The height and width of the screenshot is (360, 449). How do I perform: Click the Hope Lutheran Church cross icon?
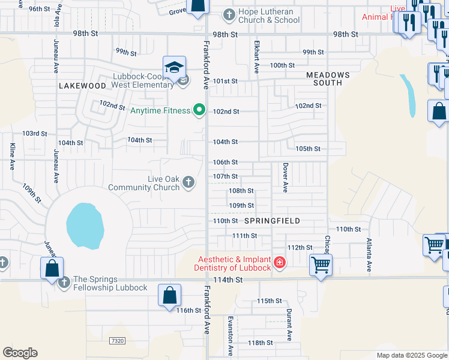pyautogui.click(x=229, y=14)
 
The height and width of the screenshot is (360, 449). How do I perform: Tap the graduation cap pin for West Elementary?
pyautogui.click(x=173, y=67)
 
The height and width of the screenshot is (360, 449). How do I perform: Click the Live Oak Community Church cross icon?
pyautogui.click(x=188, y=182)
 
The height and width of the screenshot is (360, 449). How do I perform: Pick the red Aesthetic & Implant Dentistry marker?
pyautogui.click(x=279, y=262)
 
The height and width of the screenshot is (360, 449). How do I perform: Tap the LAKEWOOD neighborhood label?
pyautogui.click(x=82, y=86)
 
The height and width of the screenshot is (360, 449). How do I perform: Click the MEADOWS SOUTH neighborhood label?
pyautogui.click(x=328, y=79)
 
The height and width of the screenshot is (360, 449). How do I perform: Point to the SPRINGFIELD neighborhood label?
pyautogui.click(x=272, y=221)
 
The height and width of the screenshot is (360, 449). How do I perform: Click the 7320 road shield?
pyautogui.click(x=118, y=340)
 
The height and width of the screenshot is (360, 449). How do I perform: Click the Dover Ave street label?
pyautogui.click(x=286, y=178)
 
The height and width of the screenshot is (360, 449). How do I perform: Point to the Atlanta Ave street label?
pyautogui.click(x=369, y=256)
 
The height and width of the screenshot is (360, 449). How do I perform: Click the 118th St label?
pyautogui.click(x=261, y=343)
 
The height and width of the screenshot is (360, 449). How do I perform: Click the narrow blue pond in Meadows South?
pyautogui.click(x=408, y=95)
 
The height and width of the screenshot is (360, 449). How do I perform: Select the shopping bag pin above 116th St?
pyautogui.click(x=169, y=295)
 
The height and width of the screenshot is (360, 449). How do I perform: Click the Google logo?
pyautogui.click(x=20, y=353)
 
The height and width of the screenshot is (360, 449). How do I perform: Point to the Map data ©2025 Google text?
pyautogui.click(x=411, y=355)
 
